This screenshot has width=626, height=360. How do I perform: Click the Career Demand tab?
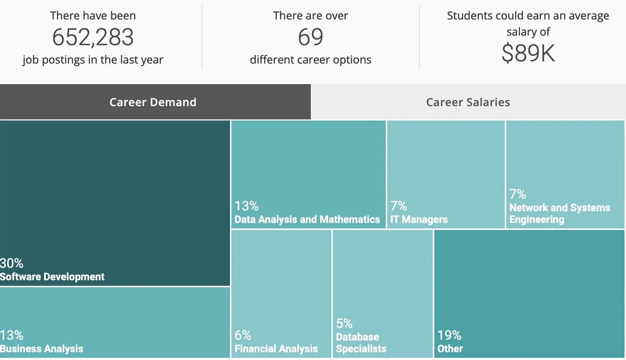click(153, 102)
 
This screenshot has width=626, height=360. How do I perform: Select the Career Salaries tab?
click(468, 102)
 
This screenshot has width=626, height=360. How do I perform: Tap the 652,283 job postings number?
click(93, 37)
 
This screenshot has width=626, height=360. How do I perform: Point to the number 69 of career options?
click(311, 37)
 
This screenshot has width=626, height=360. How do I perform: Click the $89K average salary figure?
click(528, 53)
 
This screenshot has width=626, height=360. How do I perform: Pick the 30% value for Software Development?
click(12, 263)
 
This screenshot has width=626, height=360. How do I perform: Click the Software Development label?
click(52, 277)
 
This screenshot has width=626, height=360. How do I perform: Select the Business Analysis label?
click(42, 349)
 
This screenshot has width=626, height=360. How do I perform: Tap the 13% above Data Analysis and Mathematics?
click(246, 206)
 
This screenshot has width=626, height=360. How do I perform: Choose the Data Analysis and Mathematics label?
click(307, 220)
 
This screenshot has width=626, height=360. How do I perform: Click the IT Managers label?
click(419, 220)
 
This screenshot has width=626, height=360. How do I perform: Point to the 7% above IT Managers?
click(399, 206)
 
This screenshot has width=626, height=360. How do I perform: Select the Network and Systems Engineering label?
click(559, 214)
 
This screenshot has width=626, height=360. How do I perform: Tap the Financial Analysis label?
click(276, 349)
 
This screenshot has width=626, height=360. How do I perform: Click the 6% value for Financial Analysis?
click(243, 335)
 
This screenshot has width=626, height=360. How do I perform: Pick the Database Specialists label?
click(361, 343)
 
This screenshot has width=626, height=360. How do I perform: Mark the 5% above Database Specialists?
click(344, 323)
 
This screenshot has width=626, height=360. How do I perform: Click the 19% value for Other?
click(449, 335)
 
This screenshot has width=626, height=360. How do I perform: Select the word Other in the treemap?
click(450, 349)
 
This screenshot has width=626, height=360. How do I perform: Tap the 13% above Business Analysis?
click(12, 335)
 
